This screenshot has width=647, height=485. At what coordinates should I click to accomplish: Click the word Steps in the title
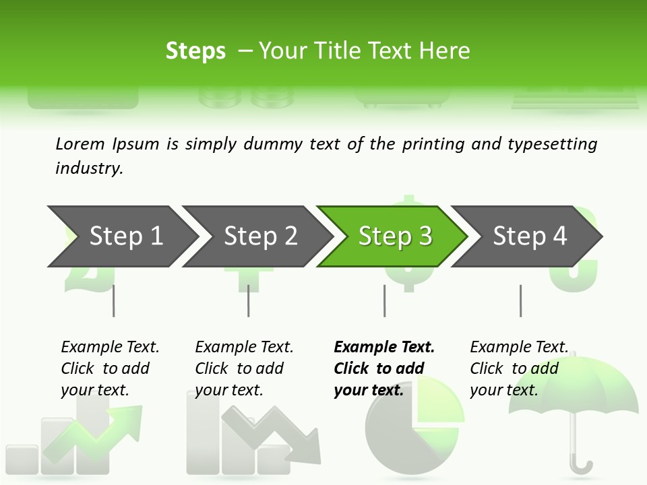coord(195,51)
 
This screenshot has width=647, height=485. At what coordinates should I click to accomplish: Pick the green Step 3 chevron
coord(395,236)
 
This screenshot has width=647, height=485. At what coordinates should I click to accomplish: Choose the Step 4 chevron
coord(530,236)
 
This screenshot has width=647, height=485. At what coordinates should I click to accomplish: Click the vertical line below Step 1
coord(113,300)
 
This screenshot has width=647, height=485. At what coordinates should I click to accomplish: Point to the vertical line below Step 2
coord(249,300)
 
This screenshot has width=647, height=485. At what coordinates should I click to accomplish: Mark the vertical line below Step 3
coord(384,300)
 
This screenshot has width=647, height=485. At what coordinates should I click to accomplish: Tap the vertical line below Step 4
coord(520,300)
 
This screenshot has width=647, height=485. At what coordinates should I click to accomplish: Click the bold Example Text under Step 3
coord(384,347)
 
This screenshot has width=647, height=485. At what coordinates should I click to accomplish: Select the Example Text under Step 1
coord(110,347)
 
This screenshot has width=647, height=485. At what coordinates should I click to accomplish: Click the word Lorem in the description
coord(80,144)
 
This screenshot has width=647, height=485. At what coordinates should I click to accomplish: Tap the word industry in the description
coord(89,168)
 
